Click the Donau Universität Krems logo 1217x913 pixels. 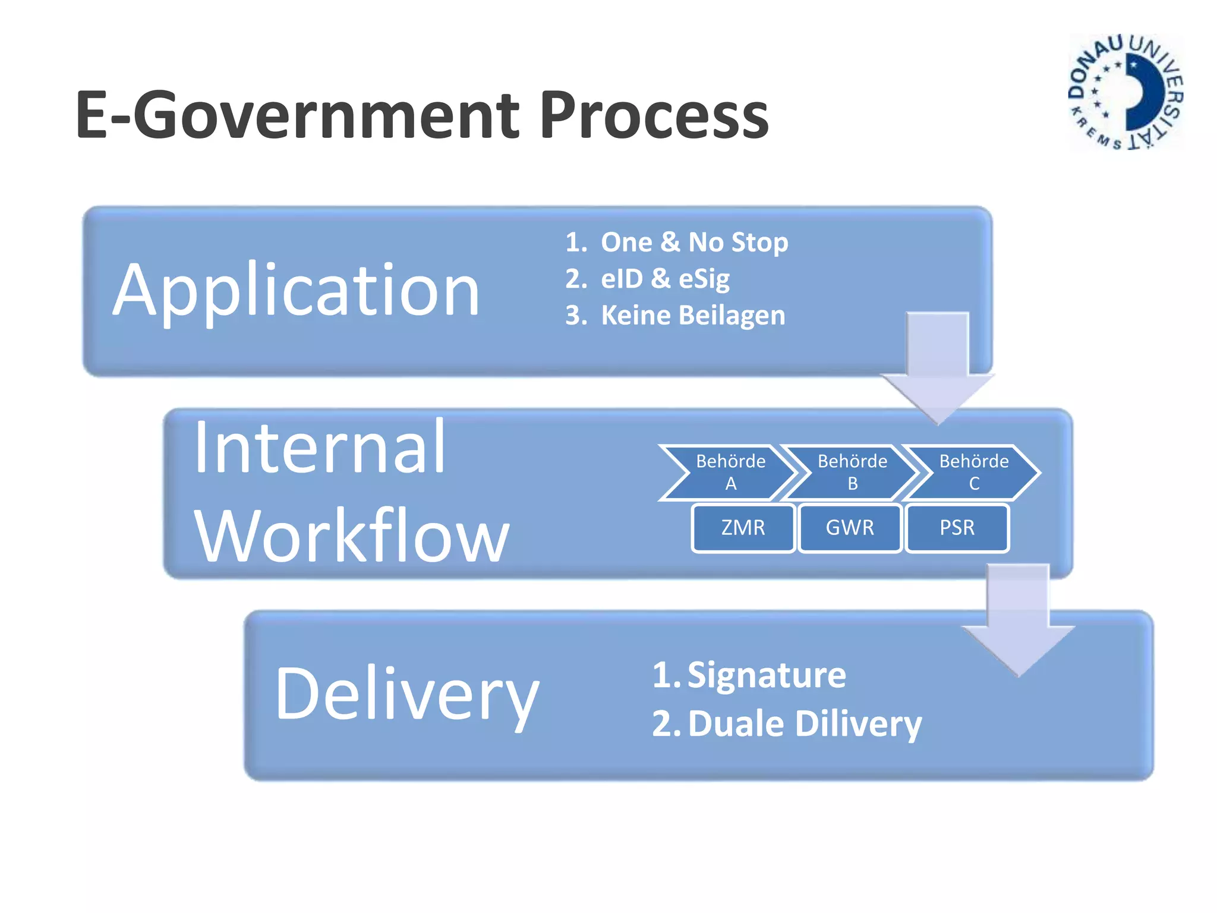1125,92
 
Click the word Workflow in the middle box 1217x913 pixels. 352,536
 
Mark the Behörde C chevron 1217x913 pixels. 973,473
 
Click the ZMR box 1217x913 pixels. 743,528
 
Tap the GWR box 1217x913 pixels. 850,528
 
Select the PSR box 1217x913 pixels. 957,528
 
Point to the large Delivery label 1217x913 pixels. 407,694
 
